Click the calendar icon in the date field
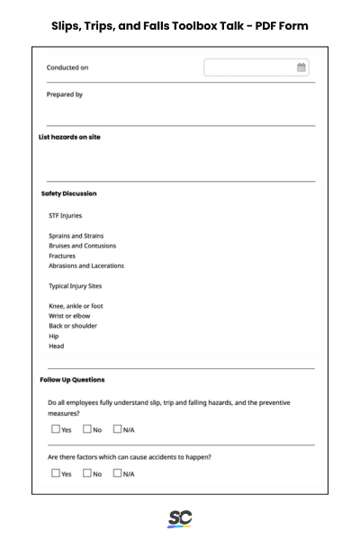[x=301, y=67]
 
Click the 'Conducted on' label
[x=67, y=67]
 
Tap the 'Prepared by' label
[x=65, y=94]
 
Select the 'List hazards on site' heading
[x=69, y=137]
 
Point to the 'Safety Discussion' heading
[x=68, y=193]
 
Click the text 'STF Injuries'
[x=65, y=216]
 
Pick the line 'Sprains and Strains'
[x=76, y=236]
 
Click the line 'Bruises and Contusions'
[x=82, y=246]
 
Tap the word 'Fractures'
[x=62, y=256]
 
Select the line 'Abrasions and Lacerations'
[x=86, y=265]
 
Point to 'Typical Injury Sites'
[x=76, y=286]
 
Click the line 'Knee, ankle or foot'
[x=76, y=306]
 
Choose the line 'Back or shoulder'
[x=73, y=326]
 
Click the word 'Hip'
[x=54, y=336]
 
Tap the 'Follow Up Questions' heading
[x=72, y=380]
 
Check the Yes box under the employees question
[x=56, y=429]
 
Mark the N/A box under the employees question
[x=117, y=429]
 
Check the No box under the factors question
[x=87, y=472]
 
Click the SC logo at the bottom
[x=180, y=518]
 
